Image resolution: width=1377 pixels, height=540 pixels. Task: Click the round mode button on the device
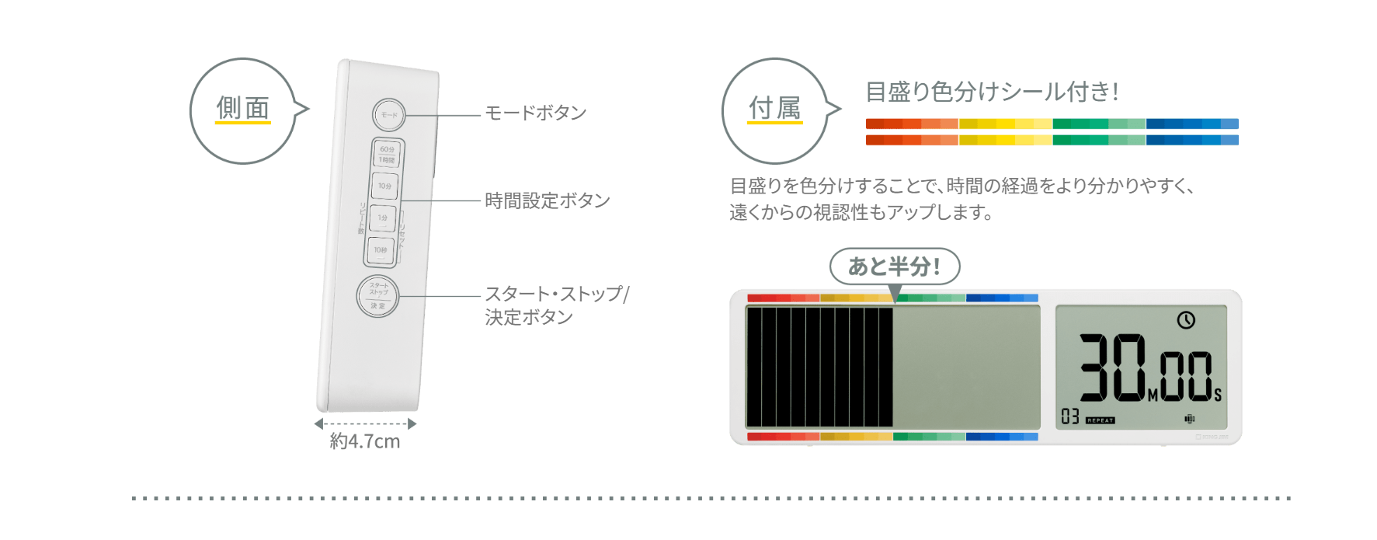[x=388, y=115]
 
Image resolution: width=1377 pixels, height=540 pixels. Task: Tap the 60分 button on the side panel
[x=387, y=153]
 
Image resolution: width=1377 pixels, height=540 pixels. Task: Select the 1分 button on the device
[x=383, y=218]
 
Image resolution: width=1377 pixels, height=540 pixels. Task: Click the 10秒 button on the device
[x=380, y=250]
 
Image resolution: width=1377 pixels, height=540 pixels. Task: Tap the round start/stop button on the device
[x=377, y=296]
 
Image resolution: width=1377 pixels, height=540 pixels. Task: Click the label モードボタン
[x=535, y=113]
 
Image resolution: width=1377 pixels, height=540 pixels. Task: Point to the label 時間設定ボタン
[x=547, y=201]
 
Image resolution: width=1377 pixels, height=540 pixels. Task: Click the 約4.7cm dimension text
[x=364, y=441]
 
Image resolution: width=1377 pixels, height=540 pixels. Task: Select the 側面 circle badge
[x=243, y=110]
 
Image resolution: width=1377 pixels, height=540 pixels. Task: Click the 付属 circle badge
[x=774, y=110]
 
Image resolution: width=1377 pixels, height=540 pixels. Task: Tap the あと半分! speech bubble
[x=895, y=267]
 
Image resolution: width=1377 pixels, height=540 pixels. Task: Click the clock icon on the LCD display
[x=1185, y=319]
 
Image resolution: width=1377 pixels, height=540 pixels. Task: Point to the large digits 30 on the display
[x=1112, y=367]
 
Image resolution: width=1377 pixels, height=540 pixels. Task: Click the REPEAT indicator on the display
[x=1100, y=420]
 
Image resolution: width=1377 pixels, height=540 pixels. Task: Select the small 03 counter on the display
[x=1070, y=417]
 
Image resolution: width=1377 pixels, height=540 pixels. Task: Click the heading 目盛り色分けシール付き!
[x=992, y=92]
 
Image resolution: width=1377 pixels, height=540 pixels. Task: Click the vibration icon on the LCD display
[x=1189, y=419]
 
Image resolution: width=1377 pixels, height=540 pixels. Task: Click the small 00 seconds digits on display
[x=1186, y=376]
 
